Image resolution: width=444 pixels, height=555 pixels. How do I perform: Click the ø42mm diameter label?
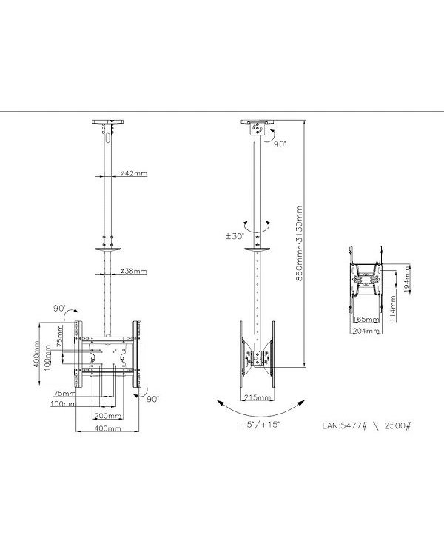133,175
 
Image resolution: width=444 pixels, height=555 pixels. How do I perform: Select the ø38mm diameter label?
133,271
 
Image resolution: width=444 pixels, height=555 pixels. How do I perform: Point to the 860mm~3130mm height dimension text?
300,243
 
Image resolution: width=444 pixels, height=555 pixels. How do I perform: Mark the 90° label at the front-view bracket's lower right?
152,399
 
